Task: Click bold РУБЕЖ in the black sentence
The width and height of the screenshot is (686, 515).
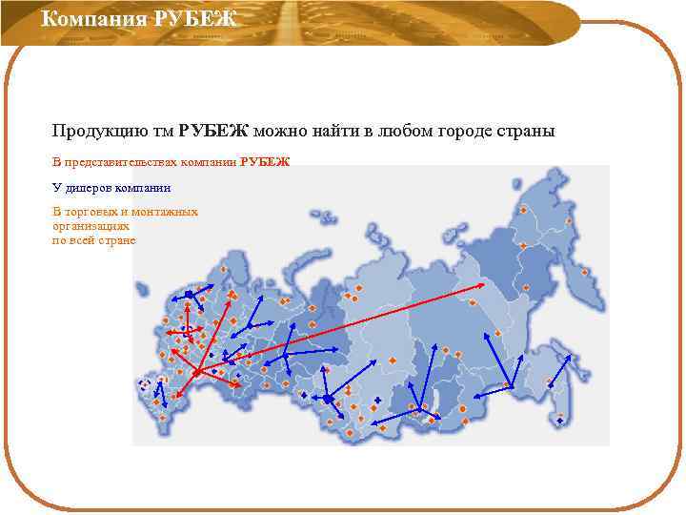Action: (x=213, y=131)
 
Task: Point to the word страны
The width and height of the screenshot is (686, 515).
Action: (x=525, y=131)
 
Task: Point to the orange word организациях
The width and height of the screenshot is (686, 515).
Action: (x=91, y=227)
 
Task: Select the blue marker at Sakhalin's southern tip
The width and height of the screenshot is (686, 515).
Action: (x=560, y=421)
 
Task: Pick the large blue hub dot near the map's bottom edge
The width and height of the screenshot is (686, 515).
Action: (x=327, y=398)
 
